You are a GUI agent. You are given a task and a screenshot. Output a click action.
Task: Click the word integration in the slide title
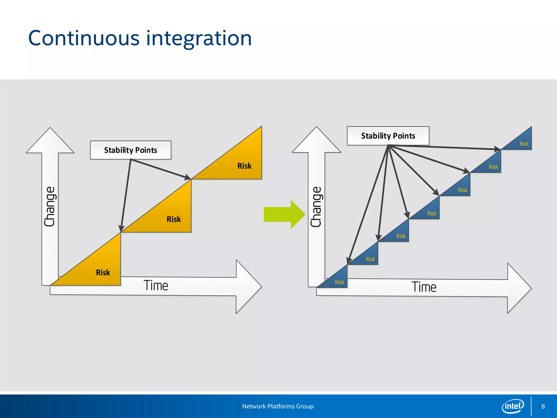point(199,38)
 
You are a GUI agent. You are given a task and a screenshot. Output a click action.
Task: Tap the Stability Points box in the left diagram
point(131,150)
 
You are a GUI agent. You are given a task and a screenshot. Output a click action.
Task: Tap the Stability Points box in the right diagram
point(388,136)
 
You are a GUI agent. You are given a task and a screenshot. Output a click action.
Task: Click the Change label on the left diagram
point(50,206)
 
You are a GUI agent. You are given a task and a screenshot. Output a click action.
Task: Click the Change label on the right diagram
point(316,207)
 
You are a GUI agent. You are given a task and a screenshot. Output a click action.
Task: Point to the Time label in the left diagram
point(156,285)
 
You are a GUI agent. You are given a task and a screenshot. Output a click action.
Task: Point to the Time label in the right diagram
point(424,287)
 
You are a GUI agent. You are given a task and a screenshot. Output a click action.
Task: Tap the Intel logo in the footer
point(513,406)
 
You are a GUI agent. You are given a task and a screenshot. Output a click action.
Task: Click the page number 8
point(543,406)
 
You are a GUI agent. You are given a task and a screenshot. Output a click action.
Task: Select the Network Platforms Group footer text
point(278,406)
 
